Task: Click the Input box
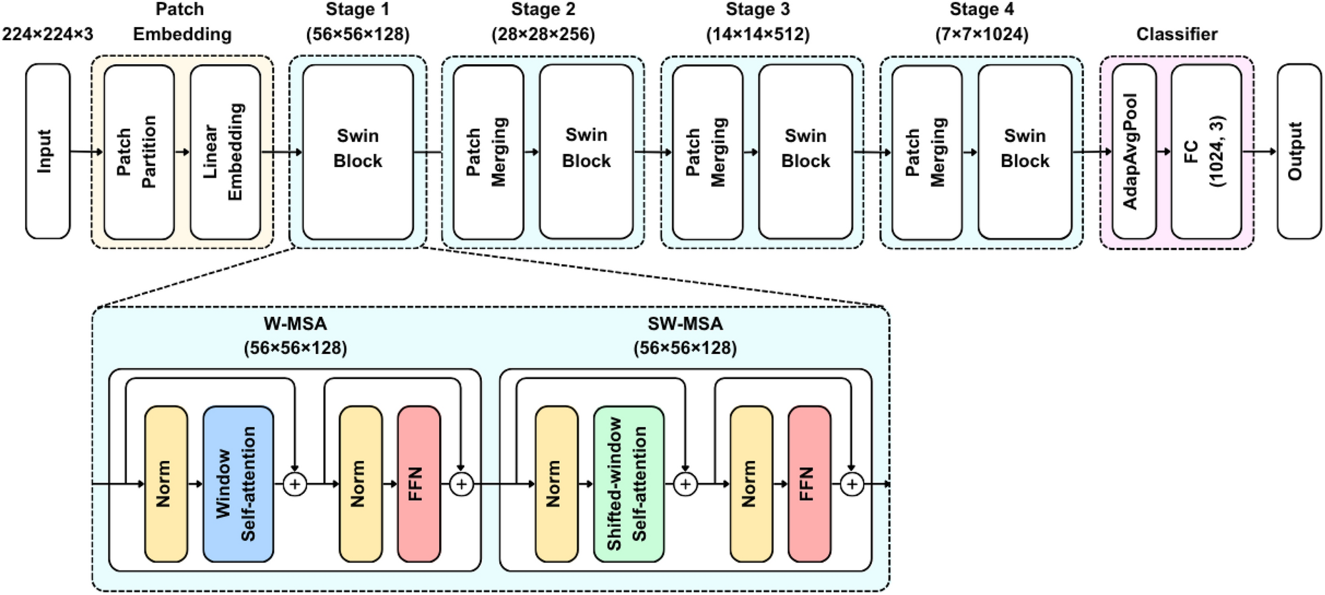tap(48, 151)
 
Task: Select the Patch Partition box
tap(139, 152)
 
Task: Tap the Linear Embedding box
tap(225, 152)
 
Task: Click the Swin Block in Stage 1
tap(358, 152)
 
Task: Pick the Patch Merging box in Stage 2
tap(488, 152)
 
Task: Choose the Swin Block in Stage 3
tap(805, 152)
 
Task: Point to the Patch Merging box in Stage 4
tap(926, 152)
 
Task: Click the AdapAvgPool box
tap(1134, 152)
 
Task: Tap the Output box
tap(1299, 152)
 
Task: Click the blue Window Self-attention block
tap(238, 484)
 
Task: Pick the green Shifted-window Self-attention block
tap(629, 484)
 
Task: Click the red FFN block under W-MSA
tap(419, 484)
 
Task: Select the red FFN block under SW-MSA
tap(809, 484)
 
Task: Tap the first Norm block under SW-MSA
tap(557, 484)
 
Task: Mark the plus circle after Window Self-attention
tap(294, 484)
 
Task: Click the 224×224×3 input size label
tap(48, 34)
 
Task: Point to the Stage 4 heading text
tap(981, 10)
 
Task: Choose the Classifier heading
tap(1176, 34)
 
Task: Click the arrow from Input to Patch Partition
tap(86, 152)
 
